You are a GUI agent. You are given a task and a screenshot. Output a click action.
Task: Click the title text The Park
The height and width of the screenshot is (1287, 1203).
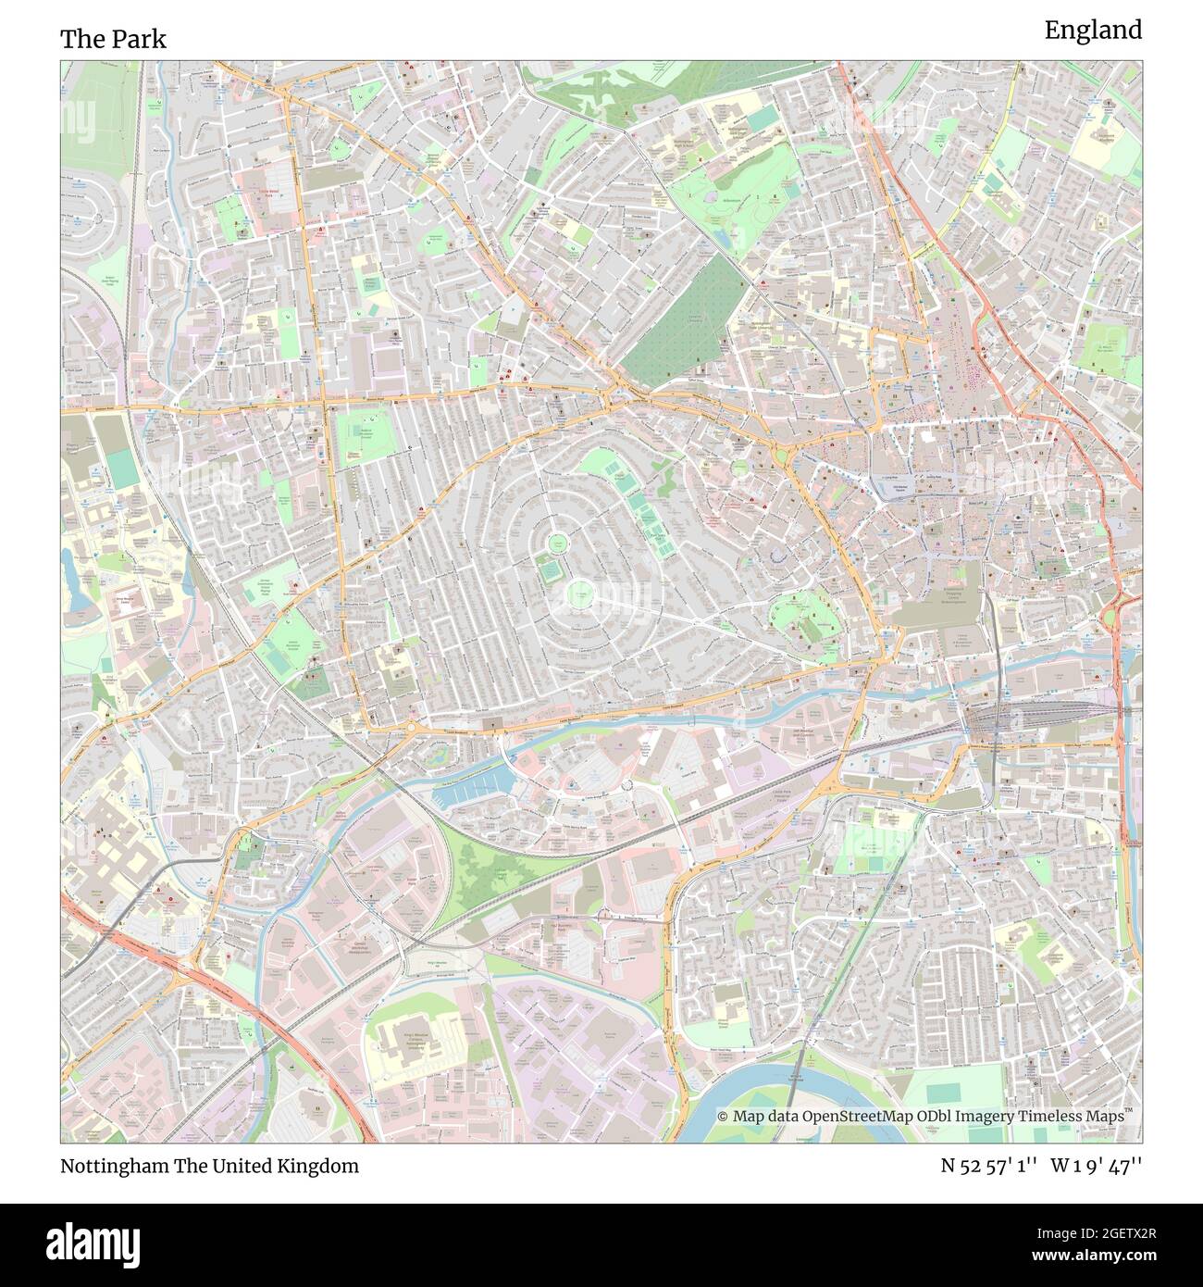(113, 39)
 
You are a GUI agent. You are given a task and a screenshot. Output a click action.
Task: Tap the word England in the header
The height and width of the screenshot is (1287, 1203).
(1093, 31)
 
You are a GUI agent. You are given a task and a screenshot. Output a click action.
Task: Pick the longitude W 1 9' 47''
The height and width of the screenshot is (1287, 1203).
(1097, 1166)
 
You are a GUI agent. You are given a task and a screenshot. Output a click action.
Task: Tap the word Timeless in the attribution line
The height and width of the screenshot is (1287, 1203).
(1049, 1117)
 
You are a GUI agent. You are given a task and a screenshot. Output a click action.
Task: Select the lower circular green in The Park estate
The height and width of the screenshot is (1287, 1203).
(578, 593)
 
